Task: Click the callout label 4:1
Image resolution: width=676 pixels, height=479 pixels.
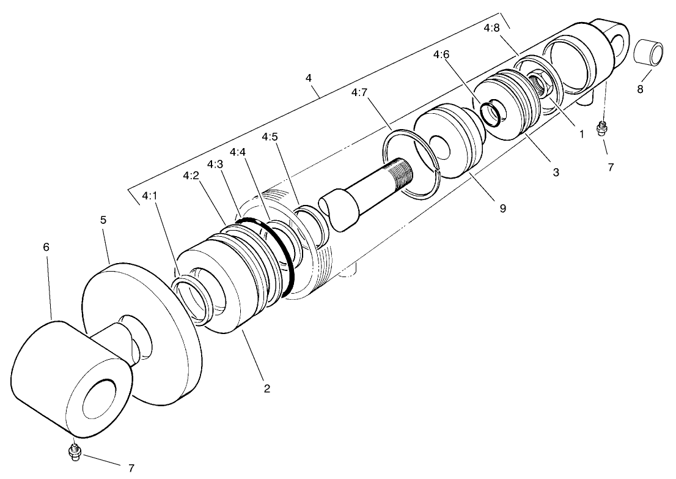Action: tap(149, 196)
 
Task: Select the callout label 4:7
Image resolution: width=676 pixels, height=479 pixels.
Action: tap(360, 92)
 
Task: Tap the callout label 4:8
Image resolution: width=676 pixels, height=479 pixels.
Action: tap(491, 28)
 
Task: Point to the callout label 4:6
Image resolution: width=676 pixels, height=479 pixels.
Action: tap(441, 54)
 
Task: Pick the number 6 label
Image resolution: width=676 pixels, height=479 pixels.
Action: tap(46, 247)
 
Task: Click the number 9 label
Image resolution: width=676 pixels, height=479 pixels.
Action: tap(502, 208)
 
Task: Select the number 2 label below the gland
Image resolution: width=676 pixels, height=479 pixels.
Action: tap(266, 388)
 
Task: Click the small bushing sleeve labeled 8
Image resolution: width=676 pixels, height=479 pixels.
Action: tap(648, 52)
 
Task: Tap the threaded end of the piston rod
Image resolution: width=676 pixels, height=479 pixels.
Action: tap(400, 168)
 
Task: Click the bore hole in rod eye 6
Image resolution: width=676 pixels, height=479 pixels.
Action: tap(100, 398)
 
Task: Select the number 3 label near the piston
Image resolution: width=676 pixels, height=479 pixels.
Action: tap(556, 173)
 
